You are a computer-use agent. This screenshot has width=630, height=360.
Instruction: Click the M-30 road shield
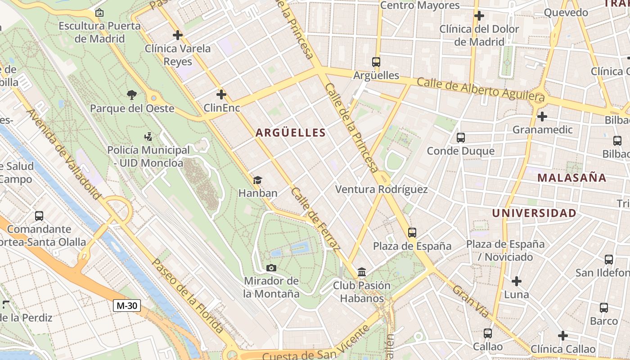126,306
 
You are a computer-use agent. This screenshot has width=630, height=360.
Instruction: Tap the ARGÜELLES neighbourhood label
290,132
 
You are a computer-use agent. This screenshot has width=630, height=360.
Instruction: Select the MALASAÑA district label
572,177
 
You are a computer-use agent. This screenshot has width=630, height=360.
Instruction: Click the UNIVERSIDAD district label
534,213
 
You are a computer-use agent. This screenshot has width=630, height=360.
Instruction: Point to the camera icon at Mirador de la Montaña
271,268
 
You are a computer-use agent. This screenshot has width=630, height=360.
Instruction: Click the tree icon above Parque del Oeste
132,94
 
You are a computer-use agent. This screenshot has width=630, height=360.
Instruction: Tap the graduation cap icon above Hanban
257,180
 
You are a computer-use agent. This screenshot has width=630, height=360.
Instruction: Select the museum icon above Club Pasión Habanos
362,272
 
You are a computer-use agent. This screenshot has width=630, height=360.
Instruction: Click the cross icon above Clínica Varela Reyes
178,35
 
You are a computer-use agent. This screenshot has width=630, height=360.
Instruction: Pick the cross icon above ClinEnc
221,94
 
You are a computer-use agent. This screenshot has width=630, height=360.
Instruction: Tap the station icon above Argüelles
376,62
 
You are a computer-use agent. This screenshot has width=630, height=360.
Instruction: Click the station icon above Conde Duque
460,138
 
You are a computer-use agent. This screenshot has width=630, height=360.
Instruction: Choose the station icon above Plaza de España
412,233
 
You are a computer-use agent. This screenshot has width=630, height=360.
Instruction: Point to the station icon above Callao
488,333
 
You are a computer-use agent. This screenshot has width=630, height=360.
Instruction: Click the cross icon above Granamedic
542,117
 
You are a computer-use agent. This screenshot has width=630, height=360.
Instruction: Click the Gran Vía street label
470,301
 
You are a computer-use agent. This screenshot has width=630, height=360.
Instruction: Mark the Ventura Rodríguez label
382,189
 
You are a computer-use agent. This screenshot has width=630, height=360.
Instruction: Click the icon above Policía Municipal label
148,136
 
